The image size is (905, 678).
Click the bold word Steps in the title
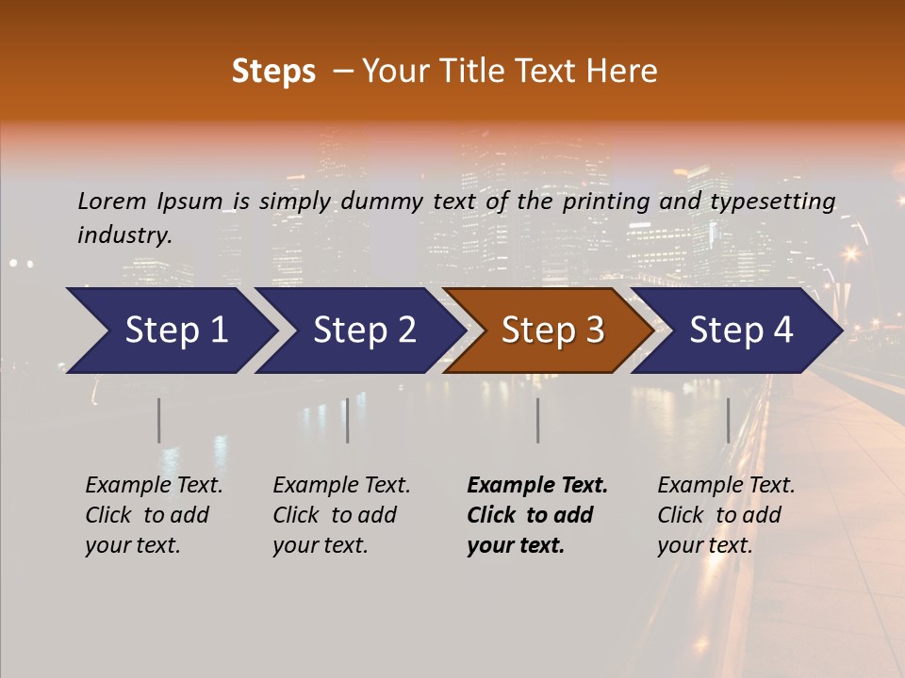pyautogui.click(x=273, y=72)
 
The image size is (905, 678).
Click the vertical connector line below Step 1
pyautogui.click(x=158, y=420)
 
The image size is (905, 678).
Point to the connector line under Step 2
pyautogui.click(x=347, y=420)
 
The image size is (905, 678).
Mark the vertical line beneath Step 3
pyautogui.click(x=537, y=420)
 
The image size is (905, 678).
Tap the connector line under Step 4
pyautogui.click(x=728, y=420)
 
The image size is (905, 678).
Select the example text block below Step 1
pyautogui.click(x=154, y=515)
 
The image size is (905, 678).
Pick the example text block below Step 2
pyautogui.click(x=341, y=515)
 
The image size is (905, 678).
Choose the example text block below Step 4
pyautogui.click(x=726, y=515)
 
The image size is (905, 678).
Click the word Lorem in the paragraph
pyautogui.click(x=112, y=201)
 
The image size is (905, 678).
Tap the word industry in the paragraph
pyautogui.click(x=124, y=235)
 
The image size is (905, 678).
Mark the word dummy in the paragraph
pyautogui.click(x=383, y=202)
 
